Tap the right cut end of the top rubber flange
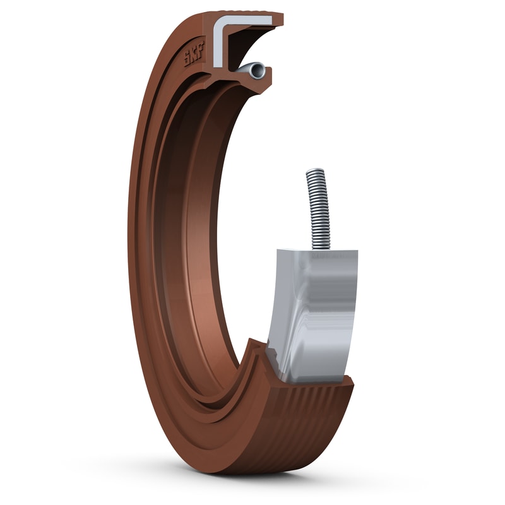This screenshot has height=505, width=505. pyautogui.click(x=278, y=19)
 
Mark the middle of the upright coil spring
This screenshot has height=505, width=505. pyautogui.click(x=318, y=208)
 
